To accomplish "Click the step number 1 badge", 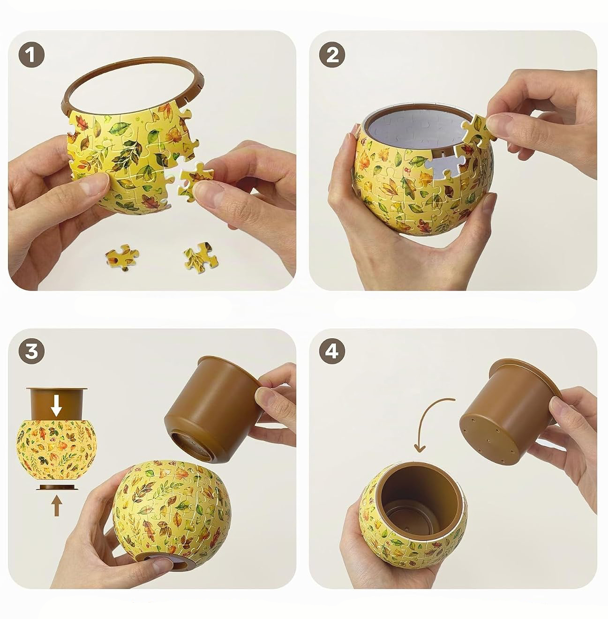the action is (31, 55).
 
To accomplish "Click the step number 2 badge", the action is (332, 55).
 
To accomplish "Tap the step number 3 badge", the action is (31, 351).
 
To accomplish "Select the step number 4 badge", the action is (332, 351).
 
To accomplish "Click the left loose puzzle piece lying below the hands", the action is (122, 255).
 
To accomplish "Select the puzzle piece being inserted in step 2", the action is (478, 132).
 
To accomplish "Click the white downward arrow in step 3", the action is (57, 405).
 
